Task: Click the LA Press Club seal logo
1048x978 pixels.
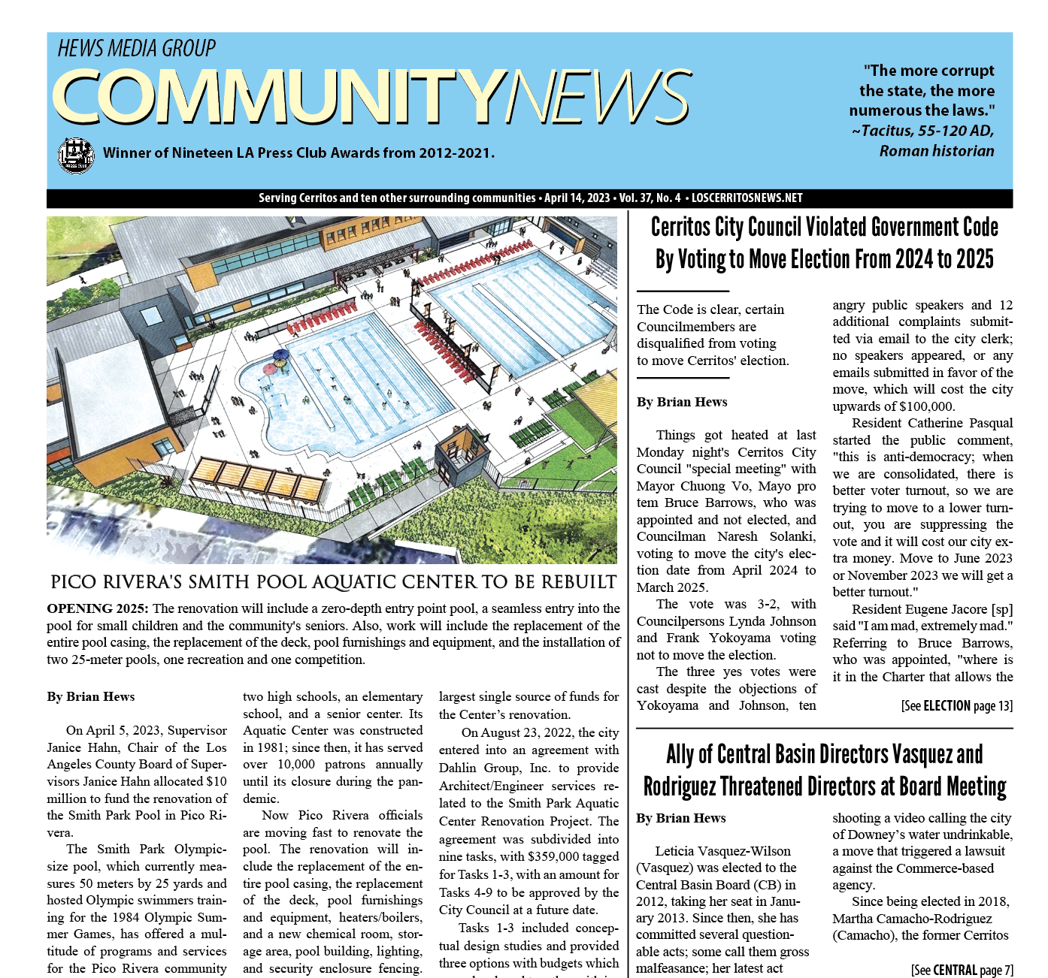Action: point(75,155)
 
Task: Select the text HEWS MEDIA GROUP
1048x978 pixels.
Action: point(137,49)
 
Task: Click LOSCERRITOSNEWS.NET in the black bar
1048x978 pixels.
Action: point(747,198)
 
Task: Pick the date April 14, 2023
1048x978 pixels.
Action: point(577,198)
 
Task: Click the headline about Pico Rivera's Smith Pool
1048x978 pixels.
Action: point(333,582)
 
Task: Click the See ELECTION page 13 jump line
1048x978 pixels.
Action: point(956,705)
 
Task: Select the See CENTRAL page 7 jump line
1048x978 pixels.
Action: point(962,970)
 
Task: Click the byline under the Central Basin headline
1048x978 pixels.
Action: point(680,818)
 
